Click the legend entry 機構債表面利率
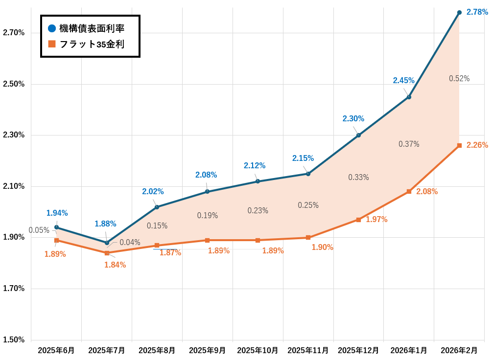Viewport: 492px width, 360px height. point(91,29)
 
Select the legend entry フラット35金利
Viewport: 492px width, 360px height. point(91,45)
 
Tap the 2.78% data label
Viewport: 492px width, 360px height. point(477,12)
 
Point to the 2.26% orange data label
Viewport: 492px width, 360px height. point(477,145)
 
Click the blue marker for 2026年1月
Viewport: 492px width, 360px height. point(409,97)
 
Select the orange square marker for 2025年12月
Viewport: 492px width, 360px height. point(358,220)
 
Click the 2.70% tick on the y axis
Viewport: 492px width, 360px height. point(14,33)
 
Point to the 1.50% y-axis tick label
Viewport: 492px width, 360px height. point(14,340)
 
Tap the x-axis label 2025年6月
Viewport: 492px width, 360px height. point(56,351)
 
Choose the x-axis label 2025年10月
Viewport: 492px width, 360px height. point(258,351)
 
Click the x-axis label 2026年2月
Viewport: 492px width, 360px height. point(459,351)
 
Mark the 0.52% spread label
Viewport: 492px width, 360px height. point(459,79)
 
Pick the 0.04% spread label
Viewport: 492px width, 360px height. point(130,242)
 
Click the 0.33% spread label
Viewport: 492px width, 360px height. point(358,178)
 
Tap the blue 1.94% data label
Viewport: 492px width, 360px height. point(57,213)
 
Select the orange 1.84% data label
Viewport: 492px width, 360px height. point(115,265)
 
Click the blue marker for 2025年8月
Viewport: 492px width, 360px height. point(157,207)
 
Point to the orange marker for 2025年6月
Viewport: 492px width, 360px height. point(56,240)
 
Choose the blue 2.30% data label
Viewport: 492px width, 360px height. point(353,119)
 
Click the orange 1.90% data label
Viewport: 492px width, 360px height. point(322,247)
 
